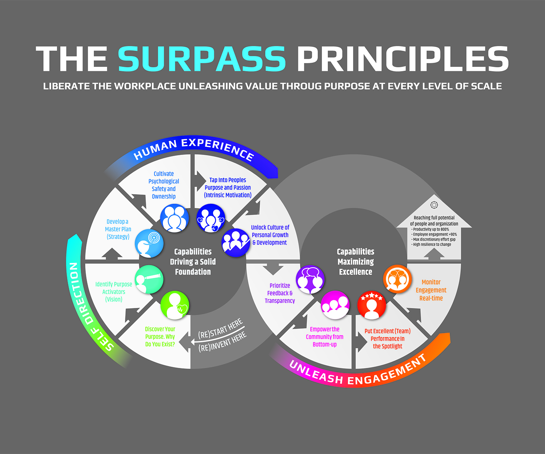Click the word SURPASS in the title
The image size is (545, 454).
point(202,59)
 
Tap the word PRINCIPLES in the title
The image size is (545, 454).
point(402,59)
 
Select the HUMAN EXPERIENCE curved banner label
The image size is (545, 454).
point(193,149)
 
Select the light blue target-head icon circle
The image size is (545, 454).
point(149,243)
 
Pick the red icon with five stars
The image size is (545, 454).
point(372,305)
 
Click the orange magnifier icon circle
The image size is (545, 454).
point(398,279)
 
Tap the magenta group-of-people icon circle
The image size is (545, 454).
point(335,304)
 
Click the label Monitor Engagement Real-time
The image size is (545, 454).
point(431,290)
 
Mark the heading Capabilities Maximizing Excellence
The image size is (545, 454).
point(355,262)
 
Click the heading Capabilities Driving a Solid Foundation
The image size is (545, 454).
point(193,262)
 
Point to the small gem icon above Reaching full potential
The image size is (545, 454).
point(434,205)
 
